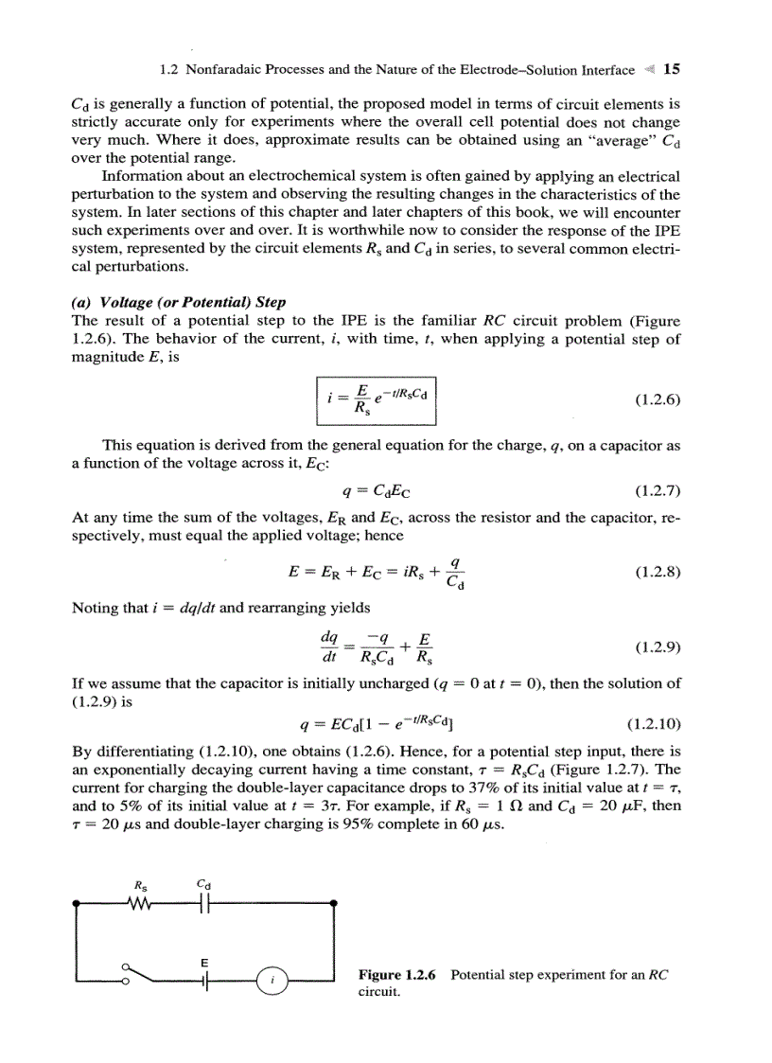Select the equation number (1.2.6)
654,400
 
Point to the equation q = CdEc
376,490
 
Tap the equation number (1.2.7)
654,490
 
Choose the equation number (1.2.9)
654,648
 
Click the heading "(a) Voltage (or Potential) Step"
179,302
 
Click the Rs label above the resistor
141,886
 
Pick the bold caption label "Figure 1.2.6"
397,975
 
